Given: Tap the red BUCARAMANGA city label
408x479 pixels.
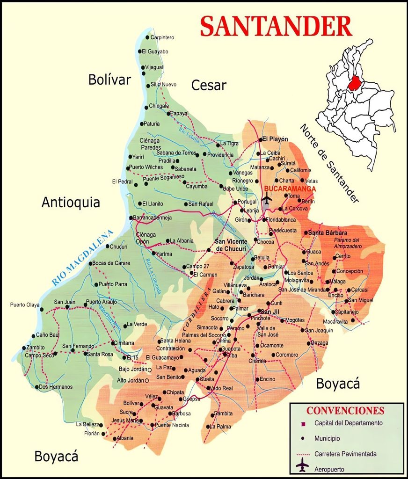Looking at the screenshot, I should click(x=290, y=189).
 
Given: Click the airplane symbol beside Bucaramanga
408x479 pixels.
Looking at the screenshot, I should click(x=267, y=200).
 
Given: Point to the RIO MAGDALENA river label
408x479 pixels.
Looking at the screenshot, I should click(x=83, y=258).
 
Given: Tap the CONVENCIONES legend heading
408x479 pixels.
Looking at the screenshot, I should click(x=345, y=411).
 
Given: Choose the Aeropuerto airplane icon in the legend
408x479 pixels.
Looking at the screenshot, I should click(x=303, y=467).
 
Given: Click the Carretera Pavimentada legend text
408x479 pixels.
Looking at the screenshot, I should click(x=345, y=454).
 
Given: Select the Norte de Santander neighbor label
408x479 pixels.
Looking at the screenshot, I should click(x=329, y=163).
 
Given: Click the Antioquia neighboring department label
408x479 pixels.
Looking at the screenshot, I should click(x=71, y=203).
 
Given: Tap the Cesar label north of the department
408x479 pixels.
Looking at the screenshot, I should click(x=209, y=85).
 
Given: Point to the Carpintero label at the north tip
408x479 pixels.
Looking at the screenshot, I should click(x=162, y=37).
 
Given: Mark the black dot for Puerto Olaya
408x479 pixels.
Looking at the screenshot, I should click(x=42, y=309).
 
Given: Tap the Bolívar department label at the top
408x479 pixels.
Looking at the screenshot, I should click(x=109, y=80).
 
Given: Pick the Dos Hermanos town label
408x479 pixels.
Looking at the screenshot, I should click(x=56, y=387).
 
